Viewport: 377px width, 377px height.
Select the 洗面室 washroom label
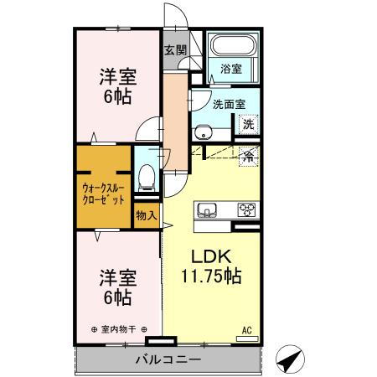click(x=228, y=106)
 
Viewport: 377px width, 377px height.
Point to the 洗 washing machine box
click(x=249, y=124)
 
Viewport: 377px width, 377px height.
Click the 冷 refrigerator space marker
click(x=249, y=154)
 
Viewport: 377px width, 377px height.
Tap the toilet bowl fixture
click(x=147, y=174)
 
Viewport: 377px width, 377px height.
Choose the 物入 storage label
click(x=146, y=215)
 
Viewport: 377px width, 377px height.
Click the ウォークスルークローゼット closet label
click(x=104, y=194)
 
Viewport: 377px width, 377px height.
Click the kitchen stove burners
click(x=248, y=209)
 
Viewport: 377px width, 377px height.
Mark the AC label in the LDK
click(x=246, y=329)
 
